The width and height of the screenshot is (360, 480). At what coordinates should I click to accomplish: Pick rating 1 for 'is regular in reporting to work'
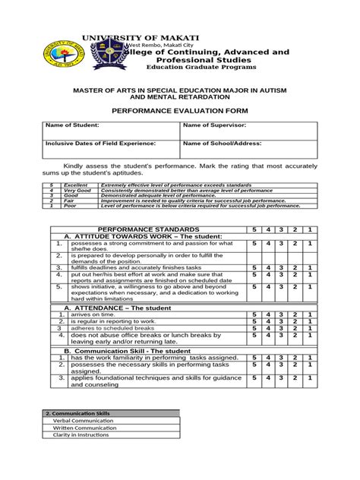(x=309, y=321)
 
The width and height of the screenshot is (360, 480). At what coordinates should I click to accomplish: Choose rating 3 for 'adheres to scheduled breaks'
(x=281, y=328)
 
